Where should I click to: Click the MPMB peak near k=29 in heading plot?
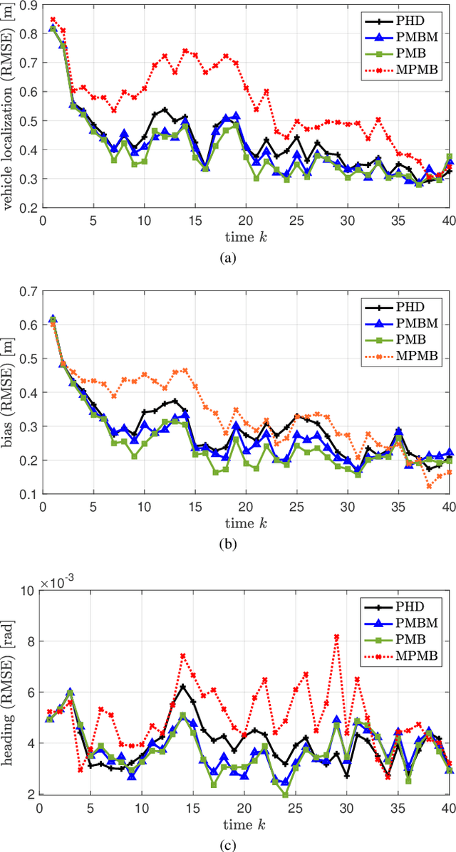tap(336, 636)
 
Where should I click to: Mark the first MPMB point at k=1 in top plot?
tap(52, 20)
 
